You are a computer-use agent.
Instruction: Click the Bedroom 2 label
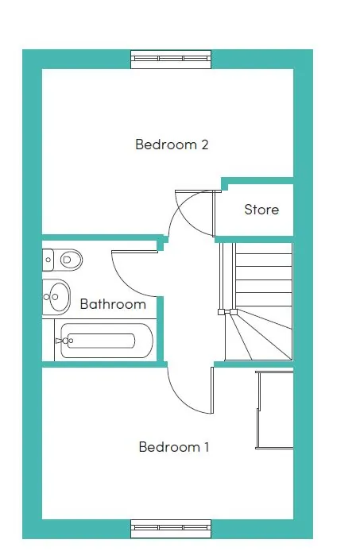point(172,145)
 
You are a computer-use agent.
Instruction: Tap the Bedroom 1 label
point(173,447)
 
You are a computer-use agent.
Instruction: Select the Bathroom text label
point(113,304)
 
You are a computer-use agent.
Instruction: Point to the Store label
point(261,209)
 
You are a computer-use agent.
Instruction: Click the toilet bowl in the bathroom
point(71,260)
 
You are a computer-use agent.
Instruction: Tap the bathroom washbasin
point(56,297)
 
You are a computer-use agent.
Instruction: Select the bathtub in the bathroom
point(105,341)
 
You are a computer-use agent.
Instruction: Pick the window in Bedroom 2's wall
point(171,59)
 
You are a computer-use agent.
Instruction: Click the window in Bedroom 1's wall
point(171,529)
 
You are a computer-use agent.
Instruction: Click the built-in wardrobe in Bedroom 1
point(275,410)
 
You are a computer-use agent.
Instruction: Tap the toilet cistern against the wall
point(48,260)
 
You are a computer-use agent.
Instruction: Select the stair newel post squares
point(227,312)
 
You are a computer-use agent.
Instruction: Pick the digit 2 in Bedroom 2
point(205,145)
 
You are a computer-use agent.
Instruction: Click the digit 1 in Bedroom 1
point(207,447)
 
